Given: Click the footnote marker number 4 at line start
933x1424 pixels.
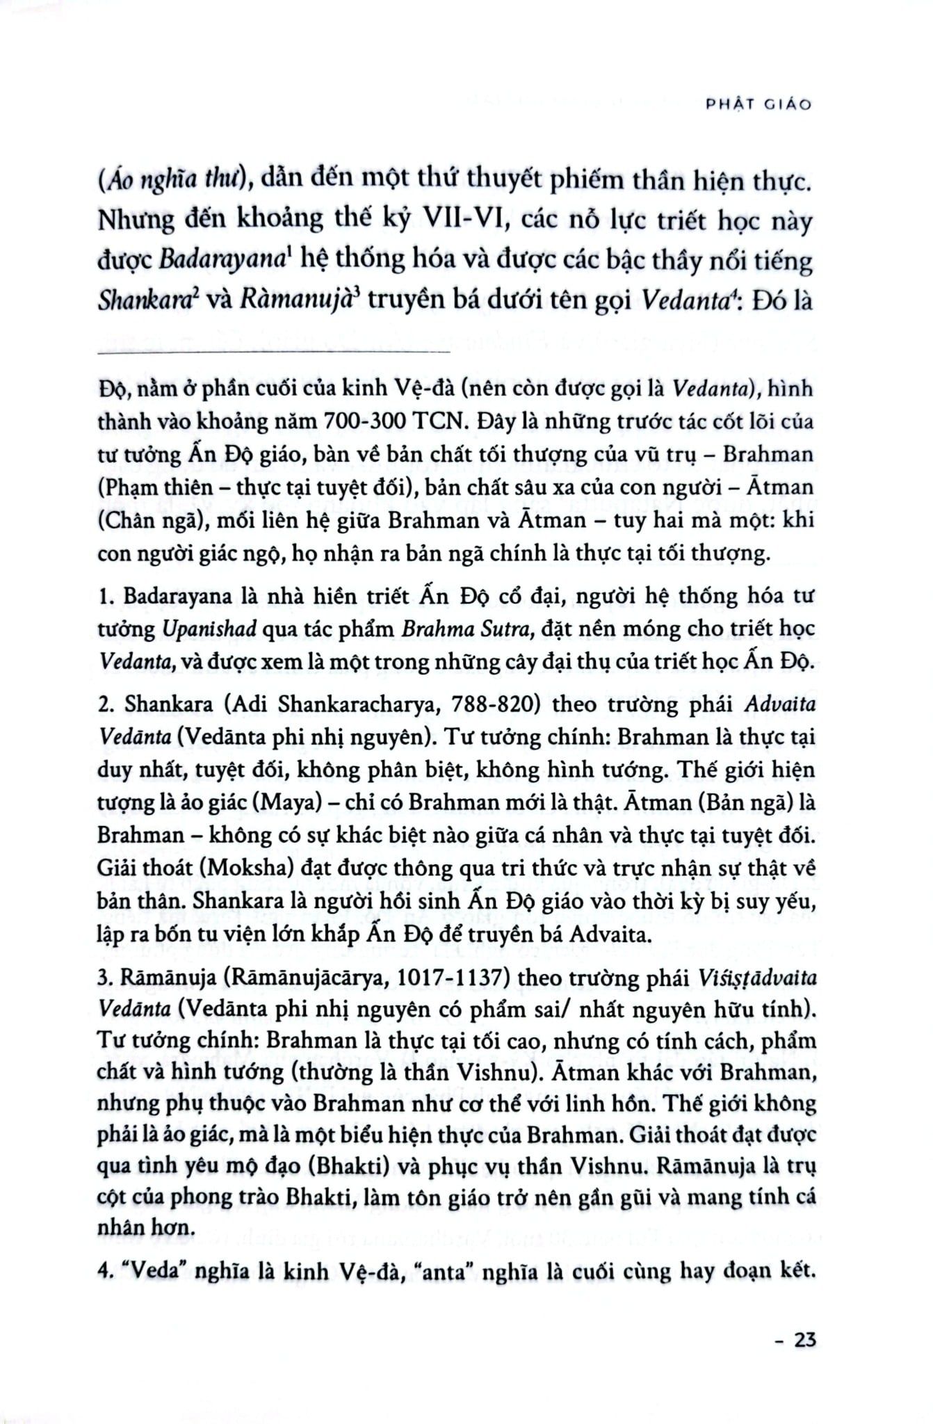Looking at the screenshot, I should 102,1272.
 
